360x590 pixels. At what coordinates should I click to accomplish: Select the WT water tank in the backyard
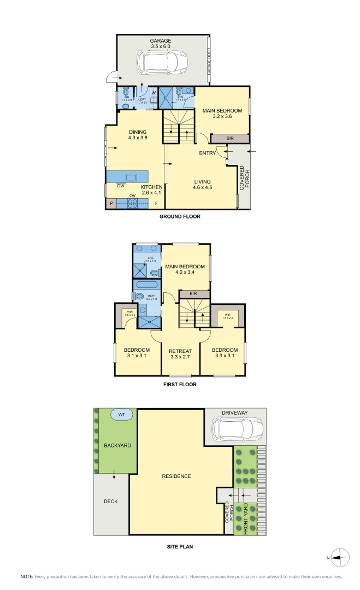coord(121,415)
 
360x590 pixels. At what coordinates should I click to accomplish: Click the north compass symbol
coord(340,558)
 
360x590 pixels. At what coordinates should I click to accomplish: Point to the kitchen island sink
coord(131,177)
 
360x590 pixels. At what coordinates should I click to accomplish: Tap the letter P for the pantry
coord(111,204)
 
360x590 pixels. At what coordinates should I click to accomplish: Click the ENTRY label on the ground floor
coord(207,154)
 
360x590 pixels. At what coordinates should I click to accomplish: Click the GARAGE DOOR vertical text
coord(209,61)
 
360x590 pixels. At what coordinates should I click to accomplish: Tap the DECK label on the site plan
coord(111,501)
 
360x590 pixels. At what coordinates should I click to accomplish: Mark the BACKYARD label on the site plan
coord(117,446)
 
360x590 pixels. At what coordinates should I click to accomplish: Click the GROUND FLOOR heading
coord(180,217)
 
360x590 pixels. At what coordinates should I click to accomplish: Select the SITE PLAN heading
coord(180,546)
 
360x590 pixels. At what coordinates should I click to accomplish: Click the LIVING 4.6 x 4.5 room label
coord(202,185)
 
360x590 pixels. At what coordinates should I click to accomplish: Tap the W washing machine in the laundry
coord(153,93)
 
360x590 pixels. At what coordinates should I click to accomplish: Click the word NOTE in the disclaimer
coord(27,577)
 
